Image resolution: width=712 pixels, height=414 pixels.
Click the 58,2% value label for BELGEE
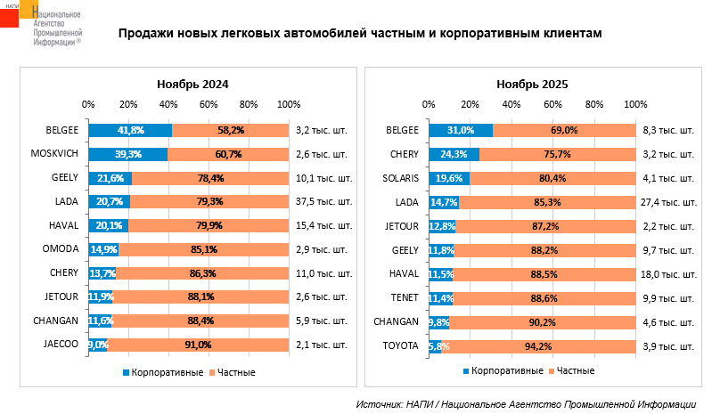pyautogui.click(x=230, y=130)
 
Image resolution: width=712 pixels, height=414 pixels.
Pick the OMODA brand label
pyautogui.click(x=61, y=248)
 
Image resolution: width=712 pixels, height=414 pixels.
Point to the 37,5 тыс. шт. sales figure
pyautogui.click(x=321, y=201)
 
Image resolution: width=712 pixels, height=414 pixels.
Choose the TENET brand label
pyautogui.click(x=404, y=296)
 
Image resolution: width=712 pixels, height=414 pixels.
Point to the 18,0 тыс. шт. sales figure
pyautogui.click(x=667, y=272)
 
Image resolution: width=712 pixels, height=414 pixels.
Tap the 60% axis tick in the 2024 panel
pyautogui.click(x=209, y=105)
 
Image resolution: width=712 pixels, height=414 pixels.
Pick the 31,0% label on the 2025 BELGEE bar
pyautogui.click(x=461, y=130)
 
